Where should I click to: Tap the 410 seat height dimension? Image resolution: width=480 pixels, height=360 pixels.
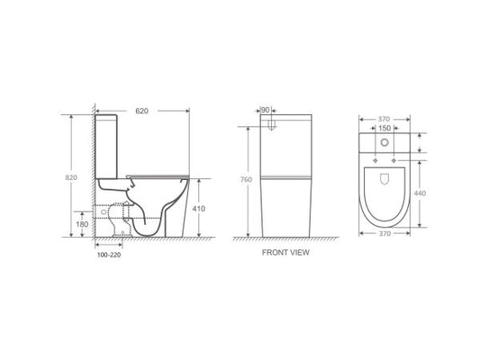coord(199,208)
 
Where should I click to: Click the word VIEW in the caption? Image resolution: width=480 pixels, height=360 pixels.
coord(299,254)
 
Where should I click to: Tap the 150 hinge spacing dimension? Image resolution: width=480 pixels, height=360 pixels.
coord(385,129)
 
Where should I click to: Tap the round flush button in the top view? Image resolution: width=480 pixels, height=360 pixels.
coord(385,144)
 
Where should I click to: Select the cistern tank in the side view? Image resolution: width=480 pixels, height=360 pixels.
coord(110,144)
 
